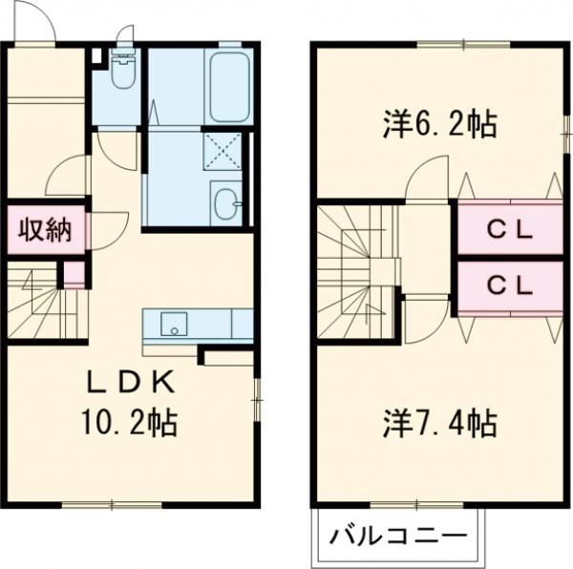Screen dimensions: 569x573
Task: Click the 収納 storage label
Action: click(x=45, y=232)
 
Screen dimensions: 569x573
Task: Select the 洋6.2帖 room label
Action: click(x=440, y=124)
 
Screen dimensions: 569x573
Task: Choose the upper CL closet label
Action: click(x=509, y=230)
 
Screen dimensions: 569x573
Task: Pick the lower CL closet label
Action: click(x=509, y=285)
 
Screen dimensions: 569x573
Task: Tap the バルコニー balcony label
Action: click(x=398, y=537)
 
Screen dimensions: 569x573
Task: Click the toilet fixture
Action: click(x=123, y=72)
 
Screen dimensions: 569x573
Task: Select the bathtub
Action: click(x=228, y=86)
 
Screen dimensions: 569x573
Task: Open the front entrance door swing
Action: click(x=33, y=24)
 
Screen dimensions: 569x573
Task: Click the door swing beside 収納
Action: click(x=108, y=231)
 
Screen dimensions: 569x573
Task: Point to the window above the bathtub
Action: click(x=229, y=44)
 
